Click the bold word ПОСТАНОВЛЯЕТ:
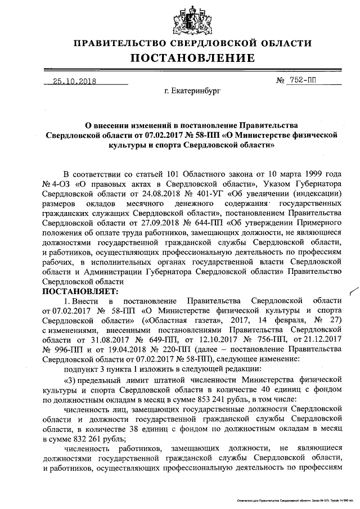(x=80, y=291)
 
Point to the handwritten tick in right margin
(x=353, y=290)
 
